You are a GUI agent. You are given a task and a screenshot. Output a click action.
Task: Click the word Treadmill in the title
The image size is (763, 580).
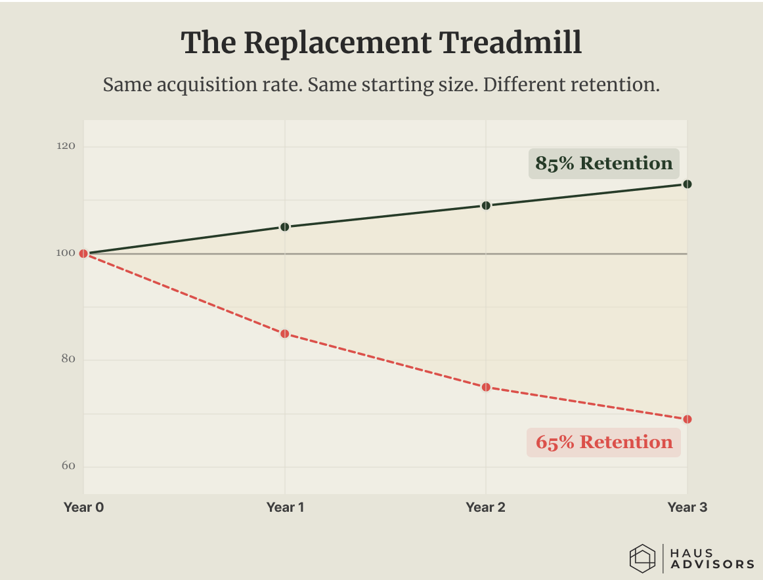(510, 43)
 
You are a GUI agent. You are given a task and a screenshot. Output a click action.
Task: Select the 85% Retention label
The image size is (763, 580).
(604, 163)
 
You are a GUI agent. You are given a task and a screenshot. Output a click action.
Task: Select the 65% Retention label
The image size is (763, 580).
(603, 442)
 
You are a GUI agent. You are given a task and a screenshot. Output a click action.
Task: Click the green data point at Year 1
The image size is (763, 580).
(285, 227)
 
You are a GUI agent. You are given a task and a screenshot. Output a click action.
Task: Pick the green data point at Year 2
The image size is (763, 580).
(486, 205)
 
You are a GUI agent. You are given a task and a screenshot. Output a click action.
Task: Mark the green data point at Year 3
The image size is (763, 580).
(687, 184)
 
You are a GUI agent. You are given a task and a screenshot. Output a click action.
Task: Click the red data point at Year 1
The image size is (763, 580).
(285, 334)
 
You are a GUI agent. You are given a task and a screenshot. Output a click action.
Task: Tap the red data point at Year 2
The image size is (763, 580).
(486, 388)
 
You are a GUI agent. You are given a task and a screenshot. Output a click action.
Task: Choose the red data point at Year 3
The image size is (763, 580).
(687, 419)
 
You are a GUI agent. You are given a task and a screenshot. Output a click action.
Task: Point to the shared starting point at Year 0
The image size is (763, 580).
(83, 254)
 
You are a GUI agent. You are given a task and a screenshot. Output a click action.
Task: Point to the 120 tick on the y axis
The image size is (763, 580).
(66, 146)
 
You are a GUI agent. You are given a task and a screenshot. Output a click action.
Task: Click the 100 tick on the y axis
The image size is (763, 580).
(66, 253)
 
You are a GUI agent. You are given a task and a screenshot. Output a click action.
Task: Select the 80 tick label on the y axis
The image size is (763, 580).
(68, 359)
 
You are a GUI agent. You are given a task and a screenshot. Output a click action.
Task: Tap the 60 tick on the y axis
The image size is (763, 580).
(68, 466)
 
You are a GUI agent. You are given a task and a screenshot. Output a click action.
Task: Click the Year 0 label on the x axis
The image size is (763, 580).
(83, 507)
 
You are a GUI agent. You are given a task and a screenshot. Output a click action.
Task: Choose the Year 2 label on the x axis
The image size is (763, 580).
(486, 507)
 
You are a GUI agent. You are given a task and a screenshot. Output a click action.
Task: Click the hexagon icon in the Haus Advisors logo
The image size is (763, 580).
(642, 558)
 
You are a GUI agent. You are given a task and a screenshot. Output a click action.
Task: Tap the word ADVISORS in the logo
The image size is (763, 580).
(712, 564)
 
